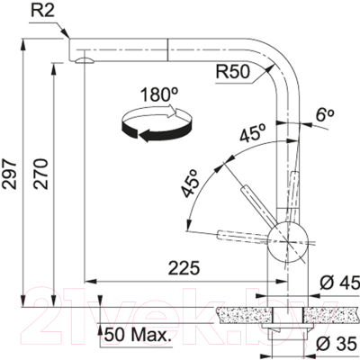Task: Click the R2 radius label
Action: [x=42, y=11]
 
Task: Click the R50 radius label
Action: [x=233, y=72]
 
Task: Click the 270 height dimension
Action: [x=40, y=174]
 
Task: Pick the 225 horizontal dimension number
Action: [x=184, y=268]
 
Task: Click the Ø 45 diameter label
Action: [x=339, y=283]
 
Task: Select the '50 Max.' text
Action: [x=137, y=335]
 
